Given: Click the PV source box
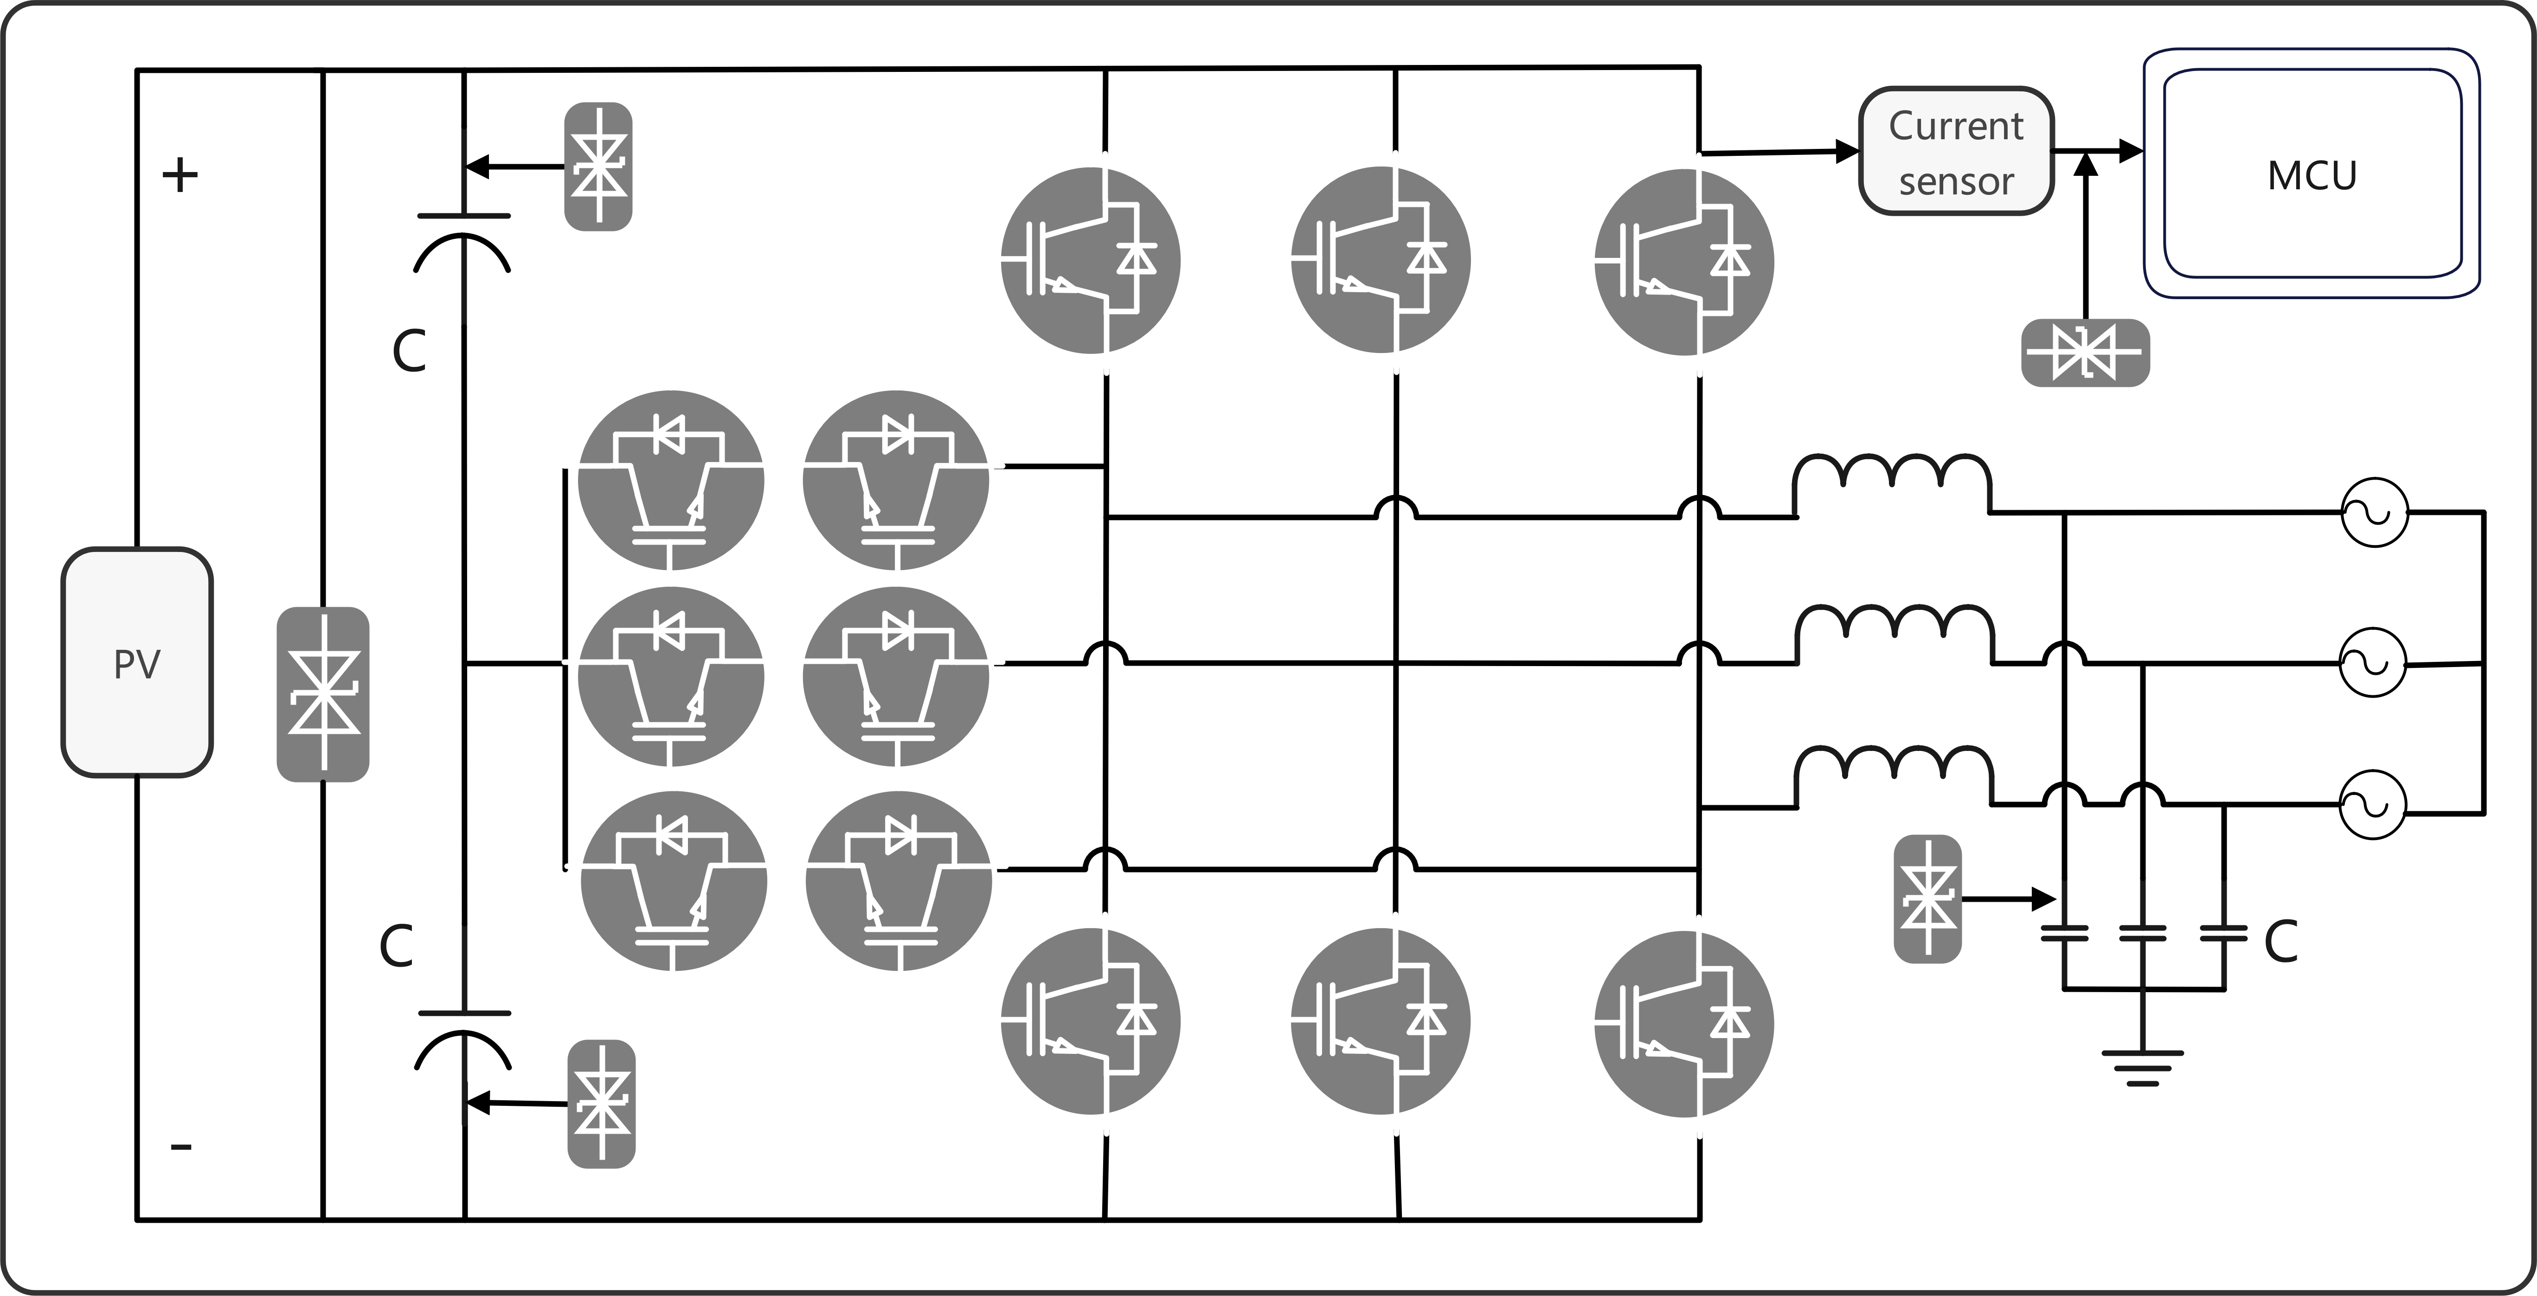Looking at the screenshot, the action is click(137, 663).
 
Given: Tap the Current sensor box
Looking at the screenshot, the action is click(1956, 152).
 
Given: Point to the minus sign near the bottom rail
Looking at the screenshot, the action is click(181, 1146).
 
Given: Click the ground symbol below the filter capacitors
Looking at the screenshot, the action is click(2142, 1067).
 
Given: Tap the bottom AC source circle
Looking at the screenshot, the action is click(2374, 805).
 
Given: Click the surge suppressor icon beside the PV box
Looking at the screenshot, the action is click(323, 694).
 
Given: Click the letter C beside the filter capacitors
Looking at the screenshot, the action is click(2281, 942).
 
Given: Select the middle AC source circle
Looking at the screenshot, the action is click(2374, 663).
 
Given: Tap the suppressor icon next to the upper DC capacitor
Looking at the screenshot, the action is click(598, 167).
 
